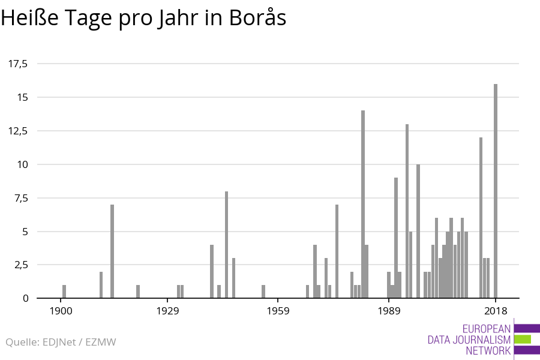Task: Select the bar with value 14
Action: [x=363, y=204]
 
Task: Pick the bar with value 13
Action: [x=407, y=211]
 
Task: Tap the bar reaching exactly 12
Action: [x=481, y=217]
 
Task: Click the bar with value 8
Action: [x=226, y=244]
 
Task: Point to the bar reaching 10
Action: [x=418, y=231]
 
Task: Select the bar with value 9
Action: [x=396, y=238]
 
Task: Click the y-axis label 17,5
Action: [x=17, y=64]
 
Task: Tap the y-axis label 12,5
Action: [x=17, y=131]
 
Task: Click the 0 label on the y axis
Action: [x=25, y=298]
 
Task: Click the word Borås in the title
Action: [x=257, y=19]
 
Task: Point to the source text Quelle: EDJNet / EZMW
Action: [x=61, y=342]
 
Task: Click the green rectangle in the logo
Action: [x=523, y=339]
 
